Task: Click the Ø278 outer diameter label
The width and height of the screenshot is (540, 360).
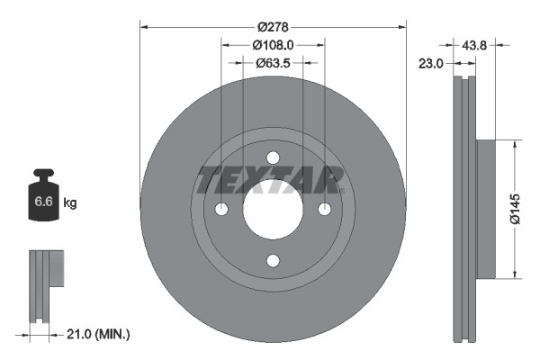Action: (x=272, y=28)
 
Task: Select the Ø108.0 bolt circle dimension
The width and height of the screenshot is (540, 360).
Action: (x=272, y=45)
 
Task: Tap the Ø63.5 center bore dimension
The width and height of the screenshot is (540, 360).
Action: (x=272, y=63)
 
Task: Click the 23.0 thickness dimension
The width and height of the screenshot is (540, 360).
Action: (x=432, y=63)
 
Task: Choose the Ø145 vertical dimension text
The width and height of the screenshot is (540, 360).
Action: (x=513, y=208)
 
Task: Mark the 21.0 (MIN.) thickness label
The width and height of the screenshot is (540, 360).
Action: (x=100, y=334)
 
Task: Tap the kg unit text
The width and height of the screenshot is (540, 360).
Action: (x=70, y=203)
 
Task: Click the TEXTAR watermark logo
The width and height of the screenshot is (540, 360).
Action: (x=271, y=180)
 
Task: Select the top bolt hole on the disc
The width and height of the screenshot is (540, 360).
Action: (x=272, y=157)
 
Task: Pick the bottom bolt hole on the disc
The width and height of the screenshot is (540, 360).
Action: (x=272, y=261)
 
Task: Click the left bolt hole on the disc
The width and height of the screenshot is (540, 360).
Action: (x=220, y=209)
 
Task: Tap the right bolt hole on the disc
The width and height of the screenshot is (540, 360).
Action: (x=324, y=209)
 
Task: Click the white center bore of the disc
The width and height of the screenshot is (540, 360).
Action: (x=272, y=209)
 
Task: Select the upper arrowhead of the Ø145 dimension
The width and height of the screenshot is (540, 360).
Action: (x=513, y=143)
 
